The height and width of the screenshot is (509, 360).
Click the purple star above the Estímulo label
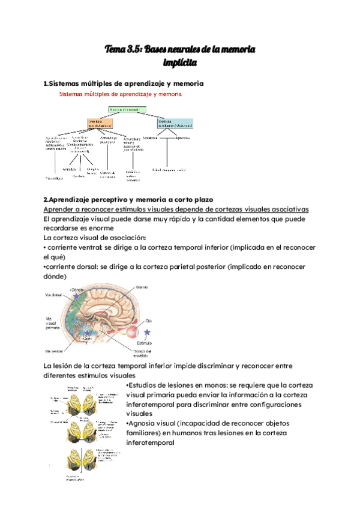point(148,331)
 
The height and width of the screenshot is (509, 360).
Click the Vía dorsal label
point(54,295)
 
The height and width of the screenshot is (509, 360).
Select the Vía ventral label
point(55,351)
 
